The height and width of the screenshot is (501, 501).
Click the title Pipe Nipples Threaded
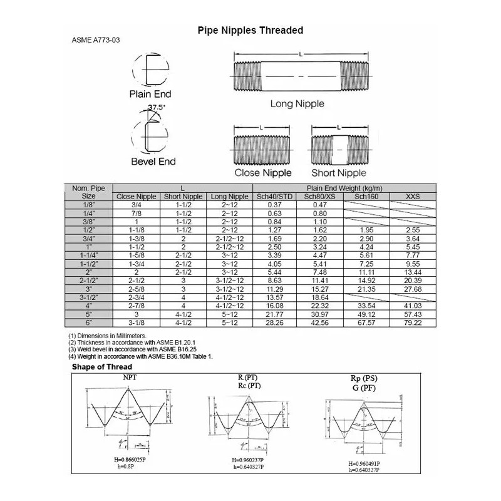pos(250,30)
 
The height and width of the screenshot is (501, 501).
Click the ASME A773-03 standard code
pos(96,40)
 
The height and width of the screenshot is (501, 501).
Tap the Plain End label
pos(150,95)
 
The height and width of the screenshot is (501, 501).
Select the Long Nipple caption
pos(297,103)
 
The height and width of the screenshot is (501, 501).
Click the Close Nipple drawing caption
pos(263,172)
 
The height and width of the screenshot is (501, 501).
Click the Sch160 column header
pos(366,197)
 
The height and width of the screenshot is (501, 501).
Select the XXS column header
pos(413,197)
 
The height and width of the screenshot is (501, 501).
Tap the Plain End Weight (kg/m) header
pos(344,188)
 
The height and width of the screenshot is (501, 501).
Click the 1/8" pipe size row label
pos(88,205)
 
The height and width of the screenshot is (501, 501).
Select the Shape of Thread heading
pos(102,366)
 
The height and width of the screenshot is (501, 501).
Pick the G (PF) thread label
pos(364,388)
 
